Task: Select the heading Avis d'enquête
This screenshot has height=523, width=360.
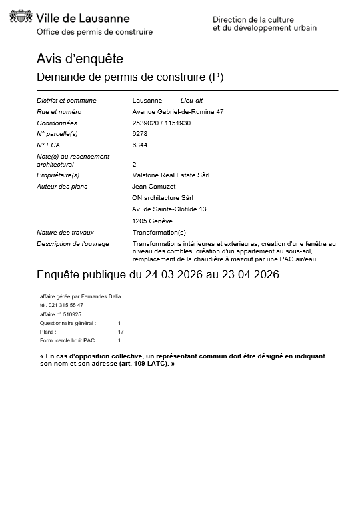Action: (x=79, y=59)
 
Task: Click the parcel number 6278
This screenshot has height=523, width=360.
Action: (x=140, y=134)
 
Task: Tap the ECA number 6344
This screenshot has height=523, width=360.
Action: (x=140, y=145)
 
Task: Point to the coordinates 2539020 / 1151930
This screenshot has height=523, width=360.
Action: (x=161, y=123)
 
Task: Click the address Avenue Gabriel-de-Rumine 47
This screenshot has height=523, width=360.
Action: (x=177, y=111)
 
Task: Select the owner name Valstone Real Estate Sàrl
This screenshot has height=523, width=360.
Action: (x=171, y=175)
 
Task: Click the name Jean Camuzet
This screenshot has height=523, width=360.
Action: (x=153, y=186)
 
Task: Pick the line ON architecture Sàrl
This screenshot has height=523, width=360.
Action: (x=163, y=197)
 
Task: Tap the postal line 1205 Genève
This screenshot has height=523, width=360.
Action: (x=152, y=221)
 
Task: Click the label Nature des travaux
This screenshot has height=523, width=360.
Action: (x=65, y=232)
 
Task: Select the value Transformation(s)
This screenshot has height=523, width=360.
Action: (x=159, y=232)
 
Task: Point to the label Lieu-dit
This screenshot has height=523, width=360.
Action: (x=191, y=100)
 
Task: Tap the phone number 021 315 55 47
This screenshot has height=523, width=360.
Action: (x=66, y=305)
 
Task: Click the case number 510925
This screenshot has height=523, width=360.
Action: (x=71, y=314)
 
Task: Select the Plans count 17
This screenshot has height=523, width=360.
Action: (x=121, y=331)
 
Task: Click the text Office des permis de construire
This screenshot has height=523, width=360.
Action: (x=94, y=32)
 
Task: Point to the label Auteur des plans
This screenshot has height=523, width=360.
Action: (x=62, y=186)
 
